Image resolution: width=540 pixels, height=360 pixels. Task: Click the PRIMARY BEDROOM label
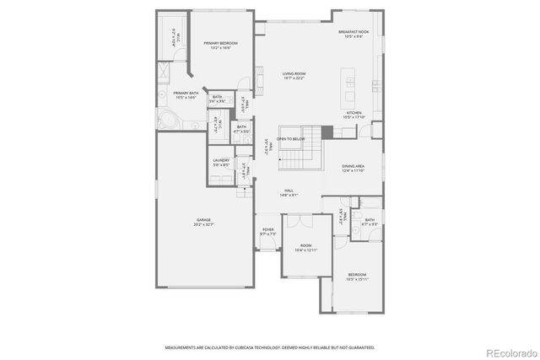point(220,45)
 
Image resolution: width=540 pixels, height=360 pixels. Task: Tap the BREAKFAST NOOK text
point(353,35)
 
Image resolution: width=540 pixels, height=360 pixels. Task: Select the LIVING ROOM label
point(294,75)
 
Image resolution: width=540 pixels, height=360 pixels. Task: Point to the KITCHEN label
point(354,114)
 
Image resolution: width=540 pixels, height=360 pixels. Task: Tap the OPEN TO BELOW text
point(290,138)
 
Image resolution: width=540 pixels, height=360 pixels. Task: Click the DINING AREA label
point(353,168)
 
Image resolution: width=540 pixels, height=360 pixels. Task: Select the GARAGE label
point(204,222)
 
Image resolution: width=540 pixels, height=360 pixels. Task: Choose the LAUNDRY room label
point(221,162)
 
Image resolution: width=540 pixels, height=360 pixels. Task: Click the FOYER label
point(267,231)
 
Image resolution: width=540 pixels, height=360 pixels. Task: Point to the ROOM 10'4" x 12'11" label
point(305,248)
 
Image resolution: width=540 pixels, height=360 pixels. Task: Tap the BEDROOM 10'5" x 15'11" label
point(358,276)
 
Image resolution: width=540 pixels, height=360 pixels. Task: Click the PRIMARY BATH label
point(186,94)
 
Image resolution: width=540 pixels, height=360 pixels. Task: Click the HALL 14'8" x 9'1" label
point(289,193)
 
